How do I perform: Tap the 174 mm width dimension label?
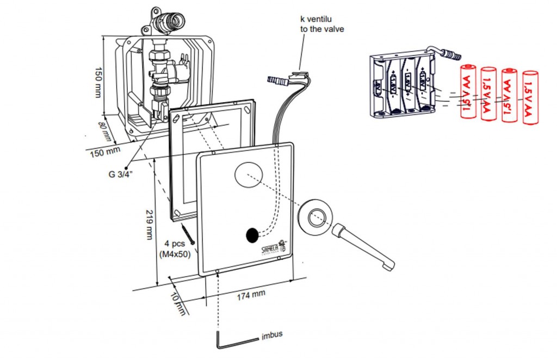[x=251, y=294]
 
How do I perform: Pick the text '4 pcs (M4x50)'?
[x=174, y=249]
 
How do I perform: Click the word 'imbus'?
[x=272, y=334]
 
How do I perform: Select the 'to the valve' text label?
[x=322, y=29]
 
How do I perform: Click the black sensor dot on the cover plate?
[x=252, y=235]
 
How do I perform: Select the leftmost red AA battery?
[x=468, y=91]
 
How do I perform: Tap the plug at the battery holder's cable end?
[x=451, y=54]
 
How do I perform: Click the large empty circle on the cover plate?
[x=249, y=175]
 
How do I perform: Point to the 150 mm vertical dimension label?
[x=98, y=82]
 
